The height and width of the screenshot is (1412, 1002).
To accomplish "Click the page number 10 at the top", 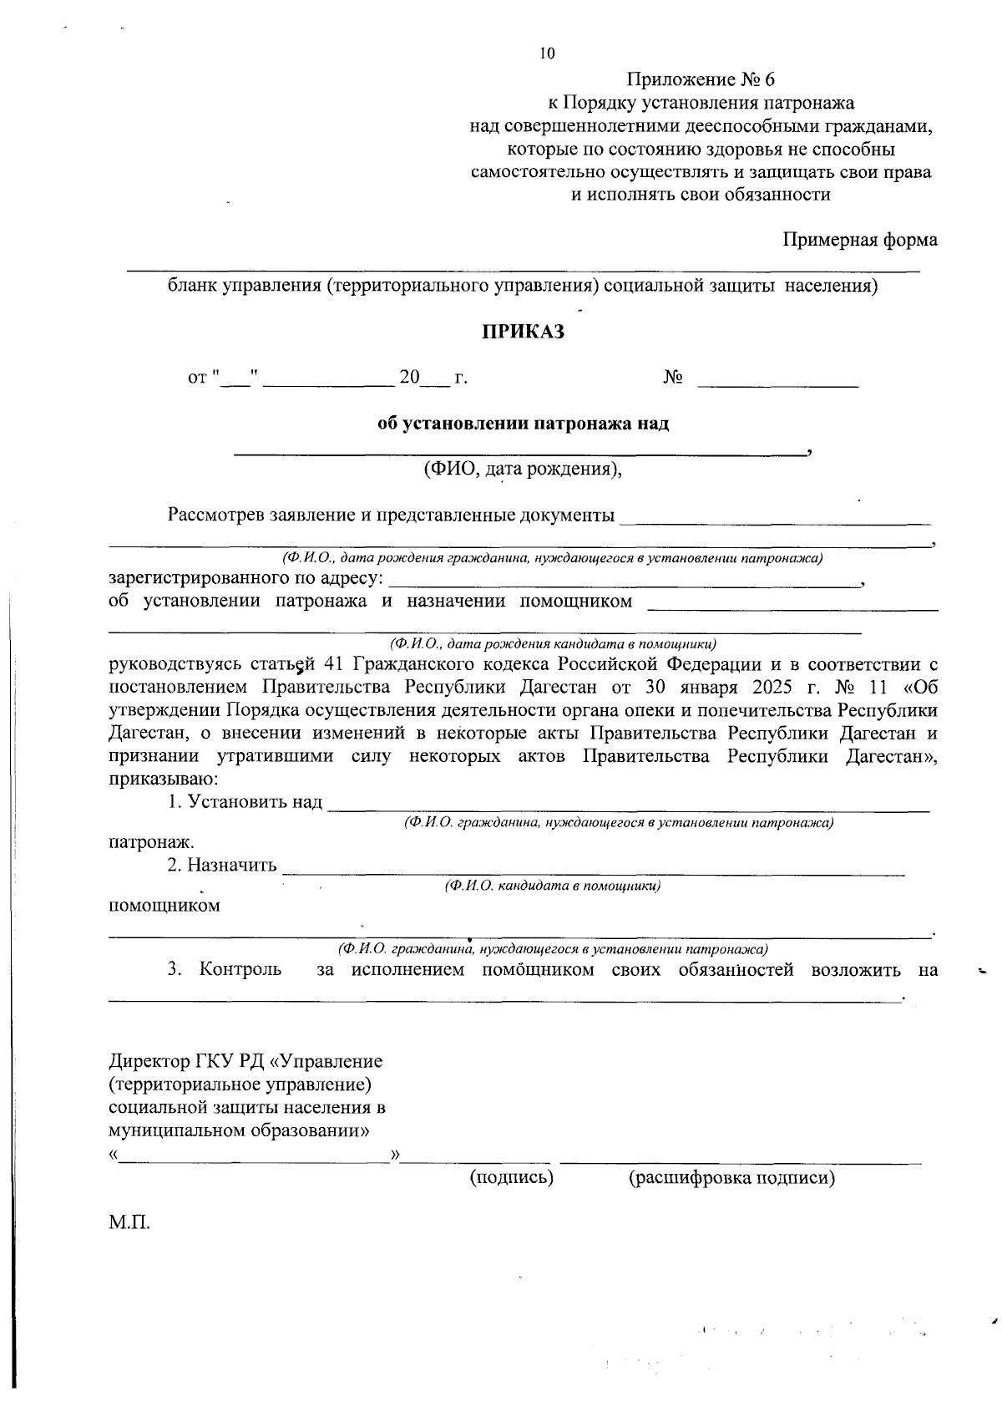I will (x=547, y=54).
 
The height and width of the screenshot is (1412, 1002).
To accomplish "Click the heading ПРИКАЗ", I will (x=523, y=333).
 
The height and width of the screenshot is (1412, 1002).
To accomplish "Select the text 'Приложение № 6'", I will (x=701, y=80).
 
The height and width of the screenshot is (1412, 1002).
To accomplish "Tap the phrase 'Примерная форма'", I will (x=860, y=240).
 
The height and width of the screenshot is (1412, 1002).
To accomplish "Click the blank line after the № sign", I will (x=778, y=385).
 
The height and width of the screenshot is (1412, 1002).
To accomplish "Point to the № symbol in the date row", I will (x=673, y=378).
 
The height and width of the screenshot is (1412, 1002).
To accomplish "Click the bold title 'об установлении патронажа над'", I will (x=524, y=424).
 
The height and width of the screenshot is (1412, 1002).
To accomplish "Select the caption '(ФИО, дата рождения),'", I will (x=523, y=468).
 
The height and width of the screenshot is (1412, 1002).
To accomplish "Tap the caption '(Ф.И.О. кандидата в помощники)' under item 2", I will (x=553, y=886).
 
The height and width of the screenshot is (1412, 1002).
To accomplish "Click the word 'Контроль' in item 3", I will (x=240, y=970).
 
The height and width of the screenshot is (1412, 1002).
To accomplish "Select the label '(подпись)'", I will (x=512, y=1178).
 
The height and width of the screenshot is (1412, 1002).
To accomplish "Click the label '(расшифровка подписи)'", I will (x=731, y=1178).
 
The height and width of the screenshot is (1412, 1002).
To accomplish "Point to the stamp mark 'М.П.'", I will (x=129, y=1223).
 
